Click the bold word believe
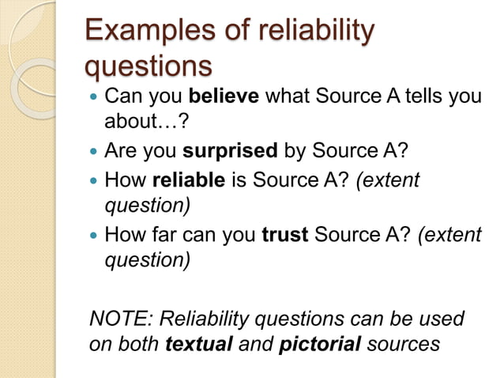tap(224, 97)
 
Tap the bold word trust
tap(284, 235)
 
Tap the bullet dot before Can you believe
tap(95, 98)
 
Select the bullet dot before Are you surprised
tap(95, 151)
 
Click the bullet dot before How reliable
tap(95, 181)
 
